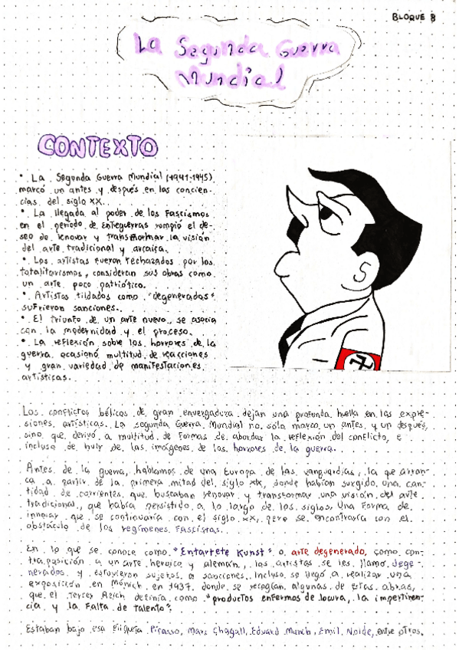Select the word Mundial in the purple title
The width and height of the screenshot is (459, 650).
pos(228,77)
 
